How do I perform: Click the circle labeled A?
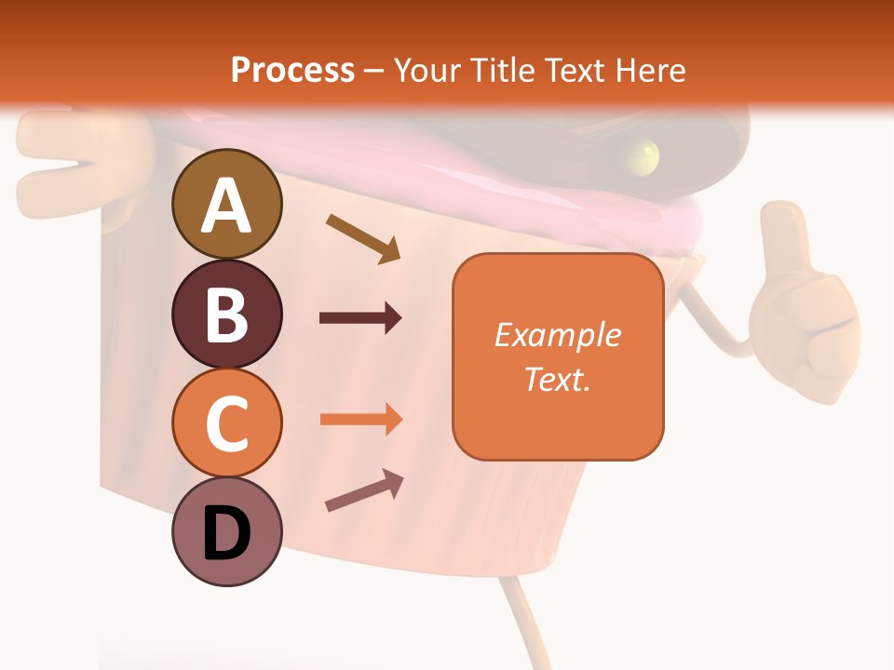coord(226,204)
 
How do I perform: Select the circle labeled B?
coord(226,314)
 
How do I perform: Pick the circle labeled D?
coord(226,531)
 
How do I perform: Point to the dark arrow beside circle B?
coord(360,318)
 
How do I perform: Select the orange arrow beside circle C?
coord(360,419)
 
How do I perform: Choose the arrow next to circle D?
coord(364,490)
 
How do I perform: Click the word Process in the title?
coord(292,70)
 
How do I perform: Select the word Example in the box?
coord(557,335)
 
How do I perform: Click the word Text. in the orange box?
coord(557,379)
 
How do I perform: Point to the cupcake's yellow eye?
coord(643,154)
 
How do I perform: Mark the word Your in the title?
coord(425,70)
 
